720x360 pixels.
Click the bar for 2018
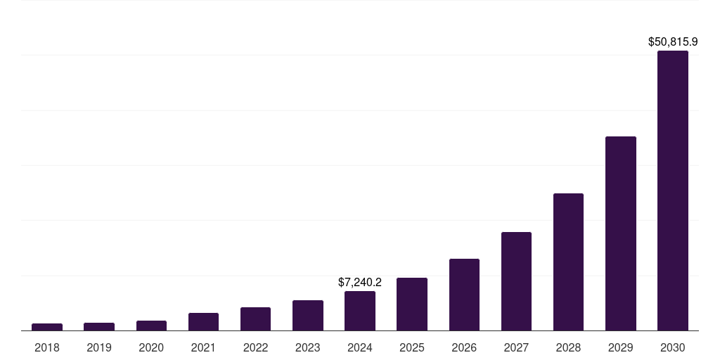pyautogui.click(x=47, y=327)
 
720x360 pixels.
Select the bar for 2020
pyautogui.click(x=151, y=326)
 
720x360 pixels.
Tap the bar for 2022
pyautogui.click(x=255, y=319)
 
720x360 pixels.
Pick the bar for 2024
pyautogui.click(x=360, y=311)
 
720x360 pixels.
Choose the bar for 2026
pyautogui.click(x=464, y=295)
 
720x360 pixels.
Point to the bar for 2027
pyautogui.click(x=516, y=281)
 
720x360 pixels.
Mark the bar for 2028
pyautogui.click(x=568, y=262)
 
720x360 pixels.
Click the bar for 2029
pyautogui.click(x=620, y=233)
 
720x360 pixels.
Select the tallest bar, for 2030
pyautogui.click(x=673, y=191)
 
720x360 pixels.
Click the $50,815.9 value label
pyautogui.click(x=673, y=42)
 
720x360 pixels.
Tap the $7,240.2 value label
pyautogui.click(x=360, y=282)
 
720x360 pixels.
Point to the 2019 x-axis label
pyautogui.click(x=99, y=347)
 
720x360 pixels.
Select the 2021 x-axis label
pyautogui.click(x=203, y=347)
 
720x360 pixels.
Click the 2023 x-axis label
pyautogui.click(x=308, y=347)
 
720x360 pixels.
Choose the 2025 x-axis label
pyautogui.click(x=412, y=347)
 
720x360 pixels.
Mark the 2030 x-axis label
pyautogui.click(x=673, y=347)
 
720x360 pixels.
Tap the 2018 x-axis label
pyautogui.click(x=47, y=347)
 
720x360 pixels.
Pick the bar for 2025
pyautogui.click(x=412, y=304)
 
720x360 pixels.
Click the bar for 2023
pyautogui.click(x=308, y=316)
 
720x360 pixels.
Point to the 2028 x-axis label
pyautogui.click(x=568, y=347)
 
